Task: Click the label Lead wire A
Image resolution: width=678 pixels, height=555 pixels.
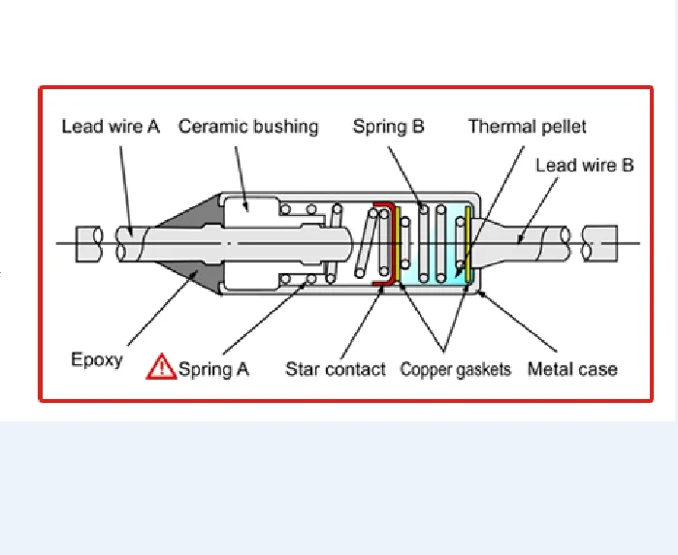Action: tap(111, 127)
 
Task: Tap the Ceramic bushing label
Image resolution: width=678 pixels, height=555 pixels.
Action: tap(247, 127)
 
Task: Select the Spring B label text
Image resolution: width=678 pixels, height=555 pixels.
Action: tap(388, 127)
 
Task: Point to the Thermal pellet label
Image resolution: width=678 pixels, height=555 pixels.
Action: tap(527, 127)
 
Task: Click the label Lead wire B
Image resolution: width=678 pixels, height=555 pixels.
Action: tap(584, 165)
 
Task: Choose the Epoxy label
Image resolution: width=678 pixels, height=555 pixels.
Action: tap(97, 359)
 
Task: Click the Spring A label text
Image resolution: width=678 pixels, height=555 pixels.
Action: tap(213, 368)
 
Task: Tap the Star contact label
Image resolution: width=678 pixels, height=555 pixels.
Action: tap(335, 368)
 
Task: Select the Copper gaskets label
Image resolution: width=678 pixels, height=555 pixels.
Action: tap(455, 369)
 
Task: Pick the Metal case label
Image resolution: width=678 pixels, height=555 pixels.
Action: tap(572, 368)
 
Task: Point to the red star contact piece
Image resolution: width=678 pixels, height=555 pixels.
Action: tap(386, 242)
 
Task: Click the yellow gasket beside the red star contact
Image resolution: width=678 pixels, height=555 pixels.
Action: tap(397, 245)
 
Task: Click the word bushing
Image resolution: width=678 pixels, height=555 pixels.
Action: tap(285, 127)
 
